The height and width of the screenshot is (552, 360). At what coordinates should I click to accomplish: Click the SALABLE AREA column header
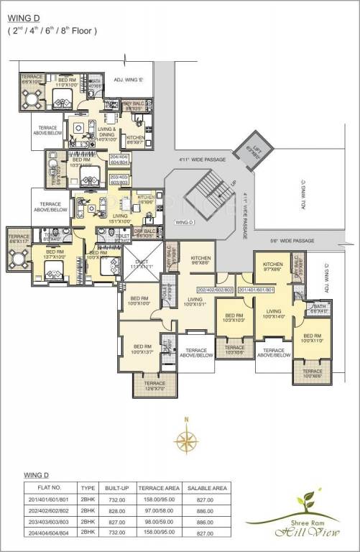208,487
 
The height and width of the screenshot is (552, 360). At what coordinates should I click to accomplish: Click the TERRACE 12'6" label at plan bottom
154,385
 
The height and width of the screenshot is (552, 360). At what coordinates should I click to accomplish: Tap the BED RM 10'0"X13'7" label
140,350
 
